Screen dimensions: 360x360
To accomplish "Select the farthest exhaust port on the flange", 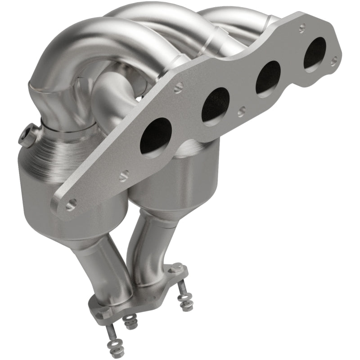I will pyautogui.click(x=315, y=53).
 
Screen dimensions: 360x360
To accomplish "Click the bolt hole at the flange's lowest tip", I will pyautogui.click(x=70, y=206).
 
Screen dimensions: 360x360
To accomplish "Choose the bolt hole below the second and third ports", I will pyautogui.click(x=242, y=109).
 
